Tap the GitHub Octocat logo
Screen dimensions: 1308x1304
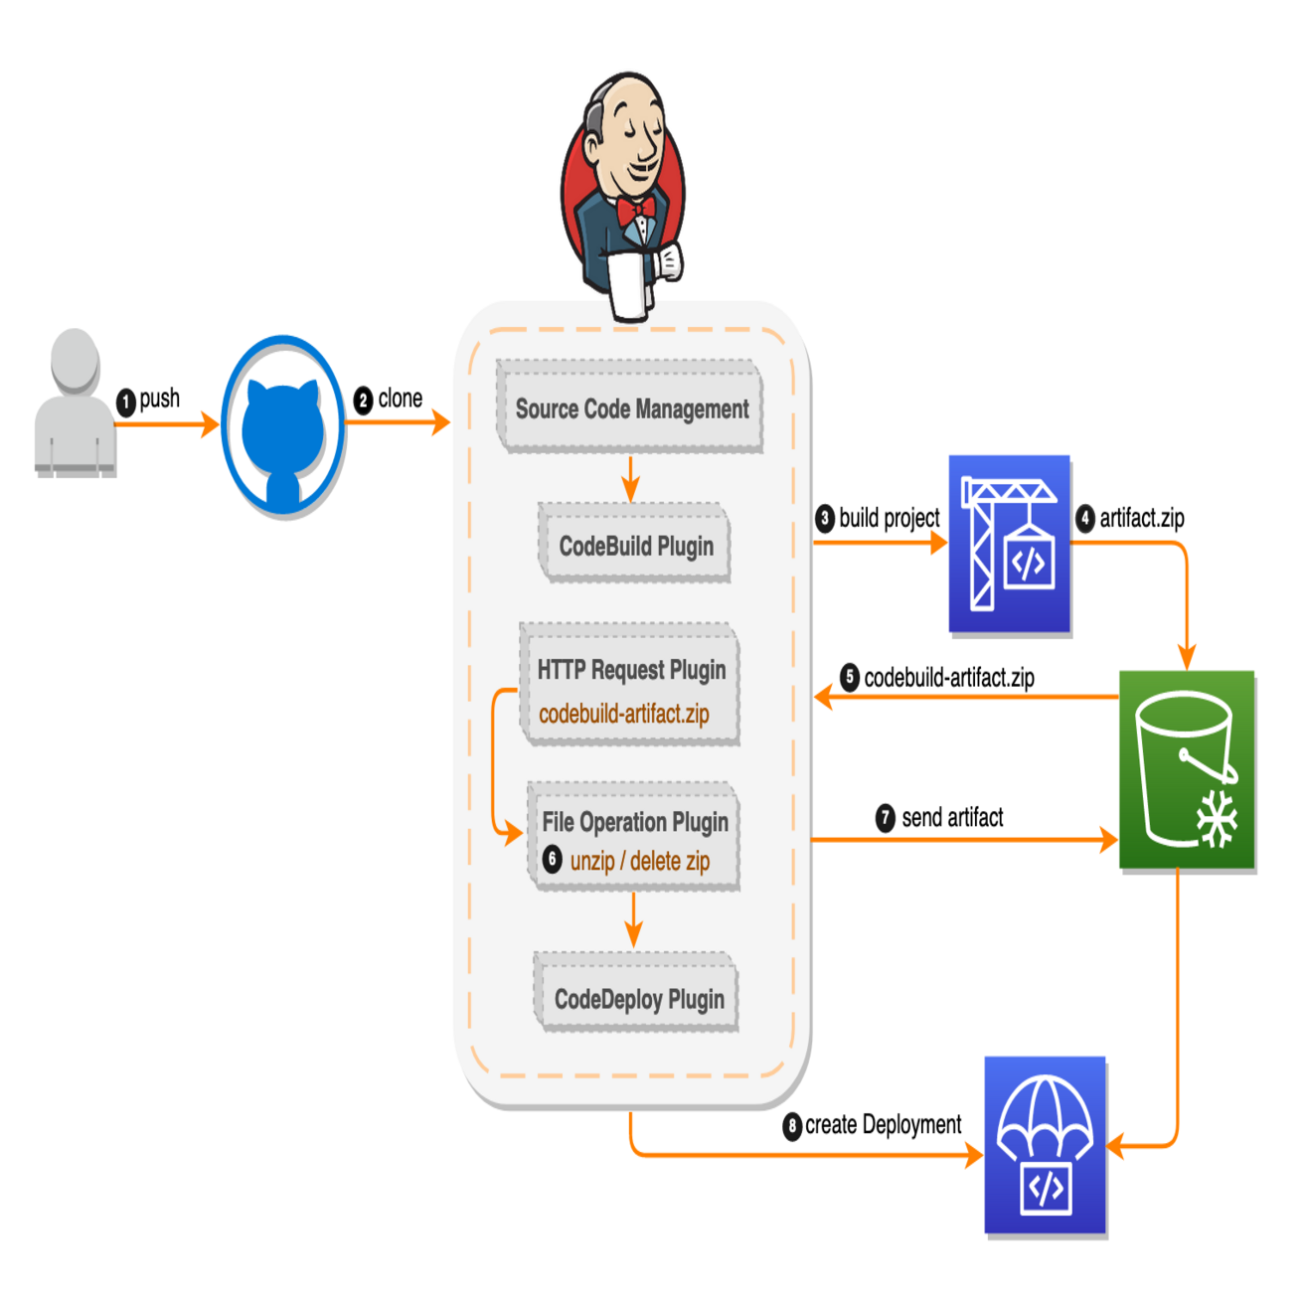[x=283, y=427]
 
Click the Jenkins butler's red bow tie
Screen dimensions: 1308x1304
[x=634, y=210]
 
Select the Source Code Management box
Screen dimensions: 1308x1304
[x=631, y=409]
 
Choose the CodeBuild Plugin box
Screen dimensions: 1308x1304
[x=636, y=546]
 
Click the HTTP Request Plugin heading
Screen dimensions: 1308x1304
[x=631, y=670]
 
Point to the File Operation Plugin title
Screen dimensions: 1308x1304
[x=635, y=822]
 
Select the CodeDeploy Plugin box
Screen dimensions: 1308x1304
[x=638, y=999]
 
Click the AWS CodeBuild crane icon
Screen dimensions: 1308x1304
[x=1009, y=544]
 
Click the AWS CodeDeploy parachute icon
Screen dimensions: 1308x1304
[x=1045, y=1145]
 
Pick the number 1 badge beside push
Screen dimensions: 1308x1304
[x=126, y=402]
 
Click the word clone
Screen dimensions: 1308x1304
[x=401, y=399]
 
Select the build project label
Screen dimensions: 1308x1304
[x=889, y=518]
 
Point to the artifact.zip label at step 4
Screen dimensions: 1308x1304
[x=1141, y=518]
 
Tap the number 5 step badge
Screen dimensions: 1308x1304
[x=850, y=678]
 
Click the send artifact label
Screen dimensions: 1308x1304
[x=952, y=817]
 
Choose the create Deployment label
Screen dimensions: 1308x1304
[x=883, y=1124]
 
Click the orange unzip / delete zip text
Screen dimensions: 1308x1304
[x=640, y=861]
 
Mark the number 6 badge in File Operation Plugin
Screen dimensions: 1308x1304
[x=553, y=859]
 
